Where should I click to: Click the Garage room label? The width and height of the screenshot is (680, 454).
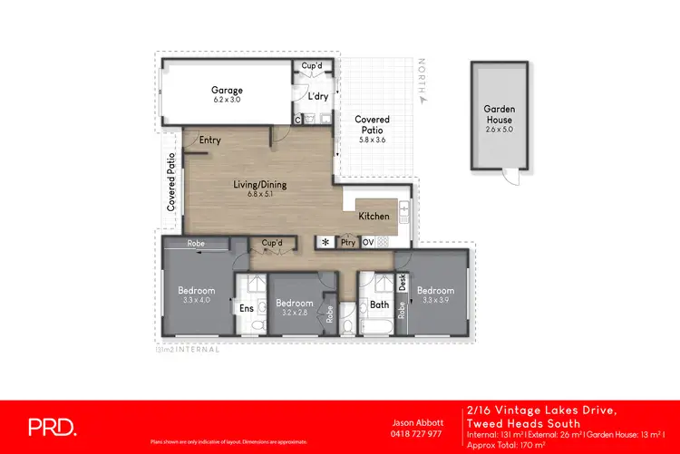(227, 90)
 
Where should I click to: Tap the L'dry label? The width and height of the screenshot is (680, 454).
(317, 96)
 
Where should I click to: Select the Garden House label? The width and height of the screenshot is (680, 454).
(499, 114)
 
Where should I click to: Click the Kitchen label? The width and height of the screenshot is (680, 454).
(374, 217)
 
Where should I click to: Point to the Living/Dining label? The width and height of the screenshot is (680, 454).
(260, 185)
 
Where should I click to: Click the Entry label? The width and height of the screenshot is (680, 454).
(210, 140)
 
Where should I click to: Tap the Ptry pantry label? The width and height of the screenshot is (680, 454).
(347, 243)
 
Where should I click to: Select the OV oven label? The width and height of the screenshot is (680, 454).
(368, 243)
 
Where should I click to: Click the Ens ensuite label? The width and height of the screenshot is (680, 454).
(246, 309)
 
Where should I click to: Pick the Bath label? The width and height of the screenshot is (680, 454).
(379, 305)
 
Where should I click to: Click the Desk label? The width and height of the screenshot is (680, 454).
(403, 282)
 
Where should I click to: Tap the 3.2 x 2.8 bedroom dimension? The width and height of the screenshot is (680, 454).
(295, 314)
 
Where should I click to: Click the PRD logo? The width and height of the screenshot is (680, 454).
(52, 427)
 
